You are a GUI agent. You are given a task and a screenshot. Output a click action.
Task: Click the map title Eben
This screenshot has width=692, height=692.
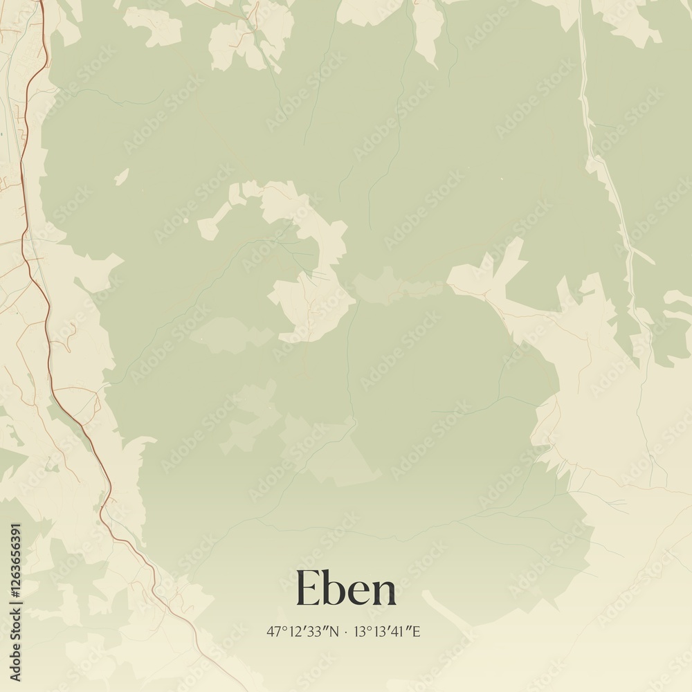(346, 588)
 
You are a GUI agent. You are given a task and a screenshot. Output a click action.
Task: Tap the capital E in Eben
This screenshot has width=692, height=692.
(308, 588)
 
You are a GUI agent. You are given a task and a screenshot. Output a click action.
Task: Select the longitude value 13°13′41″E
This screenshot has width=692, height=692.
(388, 631)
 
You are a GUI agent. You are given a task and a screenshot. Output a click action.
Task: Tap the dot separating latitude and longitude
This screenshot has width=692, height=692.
(346, 632)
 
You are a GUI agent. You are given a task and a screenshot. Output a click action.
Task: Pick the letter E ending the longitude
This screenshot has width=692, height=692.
(417, 631)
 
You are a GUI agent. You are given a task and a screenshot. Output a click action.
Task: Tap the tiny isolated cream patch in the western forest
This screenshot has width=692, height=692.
(122, 176)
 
